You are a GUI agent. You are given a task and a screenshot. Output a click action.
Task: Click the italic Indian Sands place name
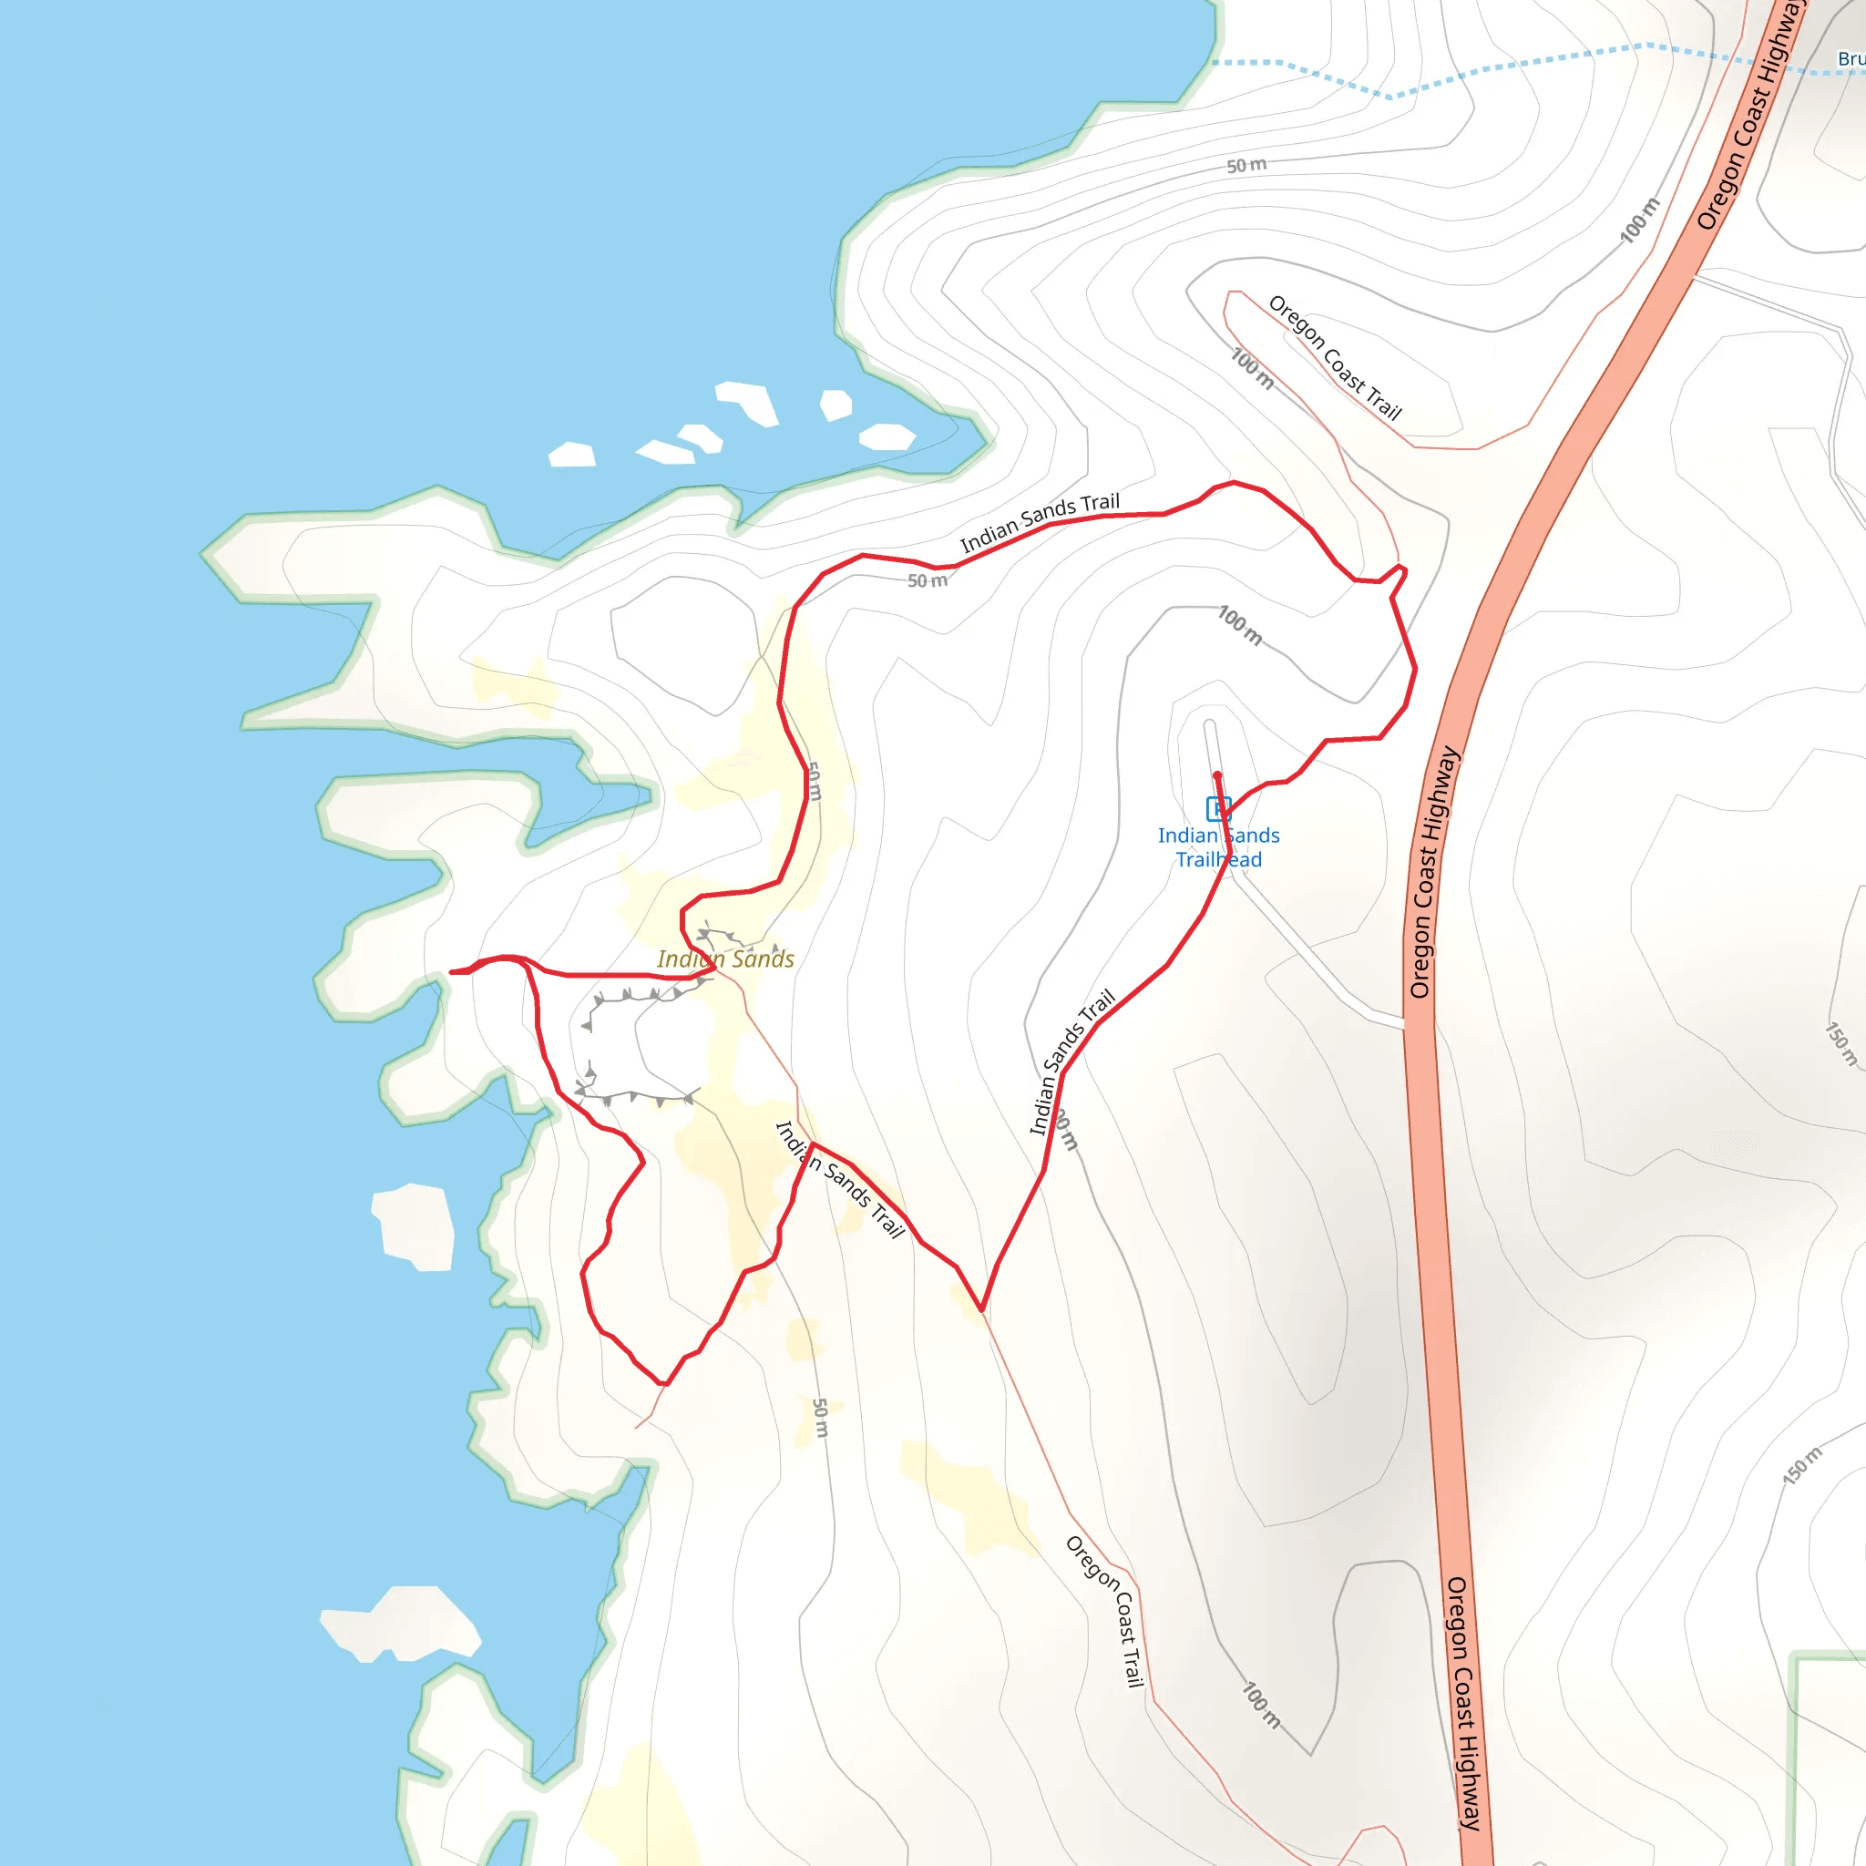click(725, 959)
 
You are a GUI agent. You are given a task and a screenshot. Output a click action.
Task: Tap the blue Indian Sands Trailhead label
click(1218, 847)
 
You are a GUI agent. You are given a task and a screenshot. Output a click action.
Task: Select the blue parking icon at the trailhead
click(1218, 808)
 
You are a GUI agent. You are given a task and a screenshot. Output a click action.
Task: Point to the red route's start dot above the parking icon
click(1217, 775)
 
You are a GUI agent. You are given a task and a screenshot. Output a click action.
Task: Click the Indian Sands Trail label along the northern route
click(1040, 522)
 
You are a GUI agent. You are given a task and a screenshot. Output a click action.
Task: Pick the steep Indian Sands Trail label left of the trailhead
click(1071, 1061)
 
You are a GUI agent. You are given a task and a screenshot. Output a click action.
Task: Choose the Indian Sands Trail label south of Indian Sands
click(840, 1179)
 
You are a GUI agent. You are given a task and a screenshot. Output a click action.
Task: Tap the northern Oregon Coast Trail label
click(1334, 357)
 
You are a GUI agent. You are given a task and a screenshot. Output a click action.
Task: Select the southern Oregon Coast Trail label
click(1105, 1610)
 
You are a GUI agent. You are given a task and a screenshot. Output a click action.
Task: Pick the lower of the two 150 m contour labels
click(1802, 1465)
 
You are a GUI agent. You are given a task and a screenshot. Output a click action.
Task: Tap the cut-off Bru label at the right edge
click(1851, 59)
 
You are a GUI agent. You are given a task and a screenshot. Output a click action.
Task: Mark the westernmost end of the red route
click(452, 971)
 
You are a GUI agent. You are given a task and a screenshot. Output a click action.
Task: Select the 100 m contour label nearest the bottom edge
click(1261, 1706)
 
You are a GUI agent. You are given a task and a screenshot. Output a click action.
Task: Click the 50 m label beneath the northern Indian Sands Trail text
click(928, 580)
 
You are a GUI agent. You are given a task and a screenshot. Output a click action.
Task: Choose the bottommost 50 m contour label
click(820, 1417)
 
